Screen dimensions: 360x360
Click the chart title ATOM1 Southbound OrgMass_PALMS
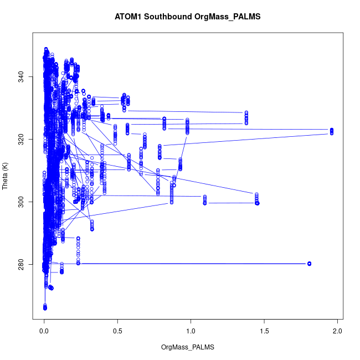point(187,17)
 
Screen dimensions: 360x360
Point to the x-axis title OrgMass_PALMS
point(187,347)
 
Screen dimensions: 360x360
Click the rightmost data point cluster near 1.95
point(331,131)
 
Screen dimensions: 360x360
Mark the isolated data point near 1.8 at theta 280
point(309,264)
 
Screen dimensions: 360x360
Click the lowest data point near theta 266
point(45,307)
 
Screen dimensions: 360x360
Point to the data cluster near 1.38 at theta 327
point(246,118)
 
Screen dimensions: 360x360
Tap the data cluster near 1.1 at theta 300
point(205,199)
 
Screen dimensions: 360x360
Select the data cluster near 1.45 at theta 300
point(257,199)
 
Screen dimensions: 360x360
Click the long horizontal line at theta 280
point(194,264)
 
